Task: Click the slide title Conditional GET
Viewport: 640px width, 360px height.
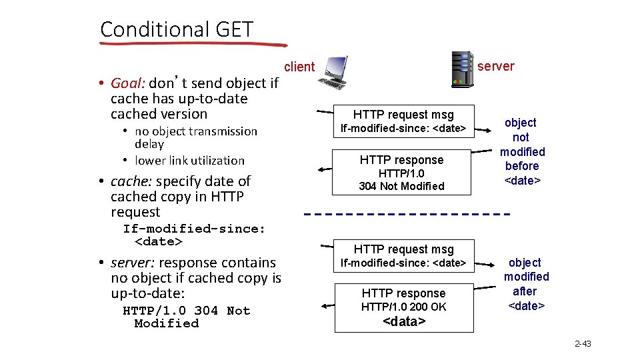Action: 177,29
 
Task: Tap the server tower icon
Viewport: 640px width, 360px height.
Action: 462,68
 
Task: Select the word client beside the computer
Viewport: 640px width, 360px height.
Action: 299,67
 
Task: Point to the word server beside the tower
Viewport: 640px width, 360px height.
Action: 496,66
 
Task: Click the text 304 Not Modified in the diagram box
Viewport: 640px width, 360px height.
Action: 401,186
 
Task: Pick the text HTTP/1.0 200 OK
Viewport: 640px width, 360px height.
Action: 403,307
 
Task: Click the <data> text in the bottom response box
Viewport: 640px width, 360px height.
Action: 404,321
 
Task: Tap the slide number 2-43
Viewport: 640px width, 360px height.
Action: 583,344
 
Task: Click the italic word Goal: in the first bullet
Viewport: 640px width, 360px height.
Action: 128,83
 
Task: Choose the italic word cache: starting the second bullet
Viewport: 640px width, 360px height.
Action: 131,181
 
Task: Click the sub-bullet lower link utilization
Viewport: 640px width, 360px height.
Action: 189,160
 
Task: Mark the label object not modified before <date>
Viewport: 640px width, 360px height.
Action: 521,151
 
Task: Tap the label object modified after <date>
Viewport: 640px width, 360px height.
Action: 526,283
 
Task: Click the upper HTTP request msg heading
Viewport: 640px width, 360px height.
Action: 403,114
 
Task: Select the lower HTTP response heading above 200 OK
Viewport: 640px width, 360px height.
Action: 403,293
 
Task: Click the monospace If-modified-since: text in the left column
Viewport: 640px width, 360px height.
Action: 194,229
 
